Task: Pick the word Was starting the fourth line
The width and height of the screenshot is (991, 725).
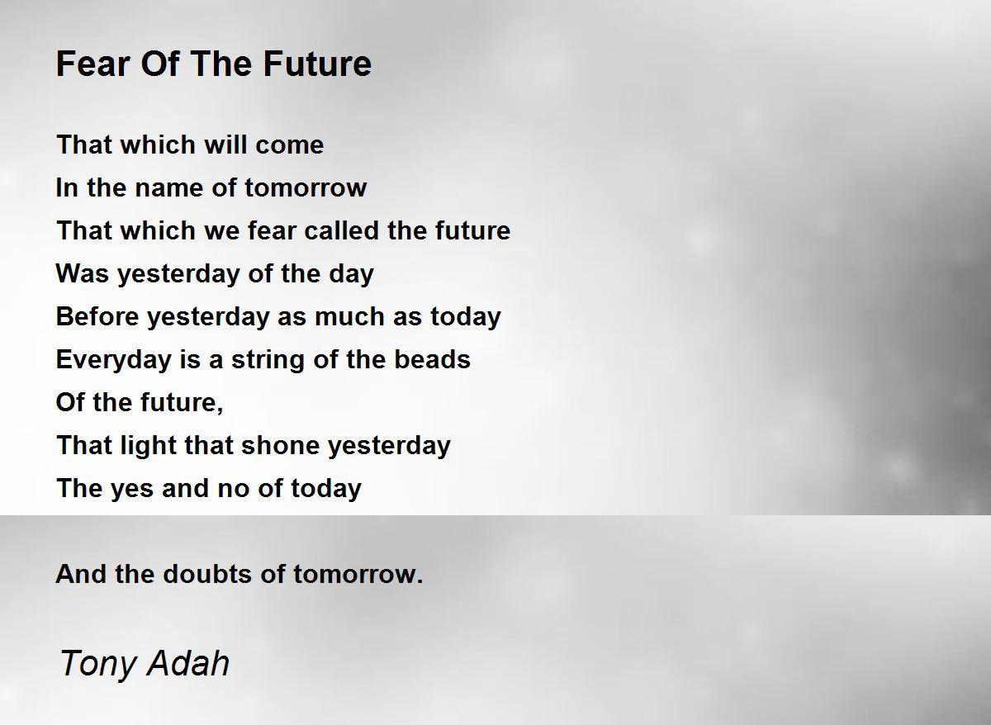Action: [83, 274]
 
